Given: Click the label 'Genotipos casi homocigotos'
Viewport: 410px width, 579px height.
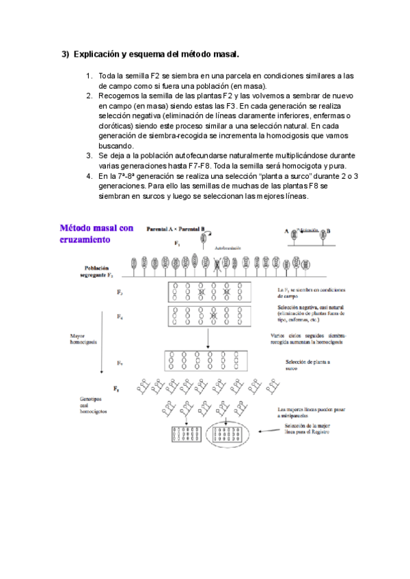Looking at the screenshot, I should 94,404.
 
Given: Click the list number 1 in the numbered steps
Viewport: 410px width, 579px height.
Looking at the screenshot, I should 90,76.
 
